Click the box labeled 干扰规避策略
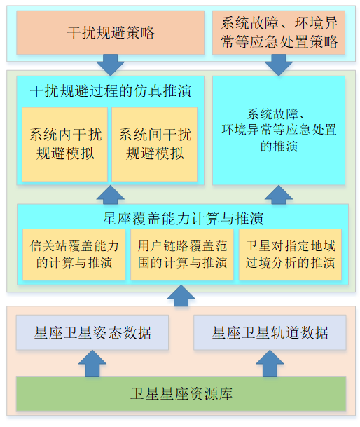point(110,33)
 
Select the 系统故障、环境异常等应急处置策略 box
point(279,33)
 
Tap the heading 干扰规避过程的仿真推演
point(111,91)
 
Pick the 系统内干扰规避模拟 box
point(64,144)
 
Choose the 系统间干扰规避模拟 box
point(154,144)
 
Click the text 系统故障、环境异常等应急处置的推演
point(279,130)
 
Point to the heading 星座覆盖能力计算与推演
point(183,218)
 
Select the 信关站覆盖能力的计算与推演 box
point(74,255)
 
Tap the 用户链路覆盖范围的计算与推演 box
point(182,255)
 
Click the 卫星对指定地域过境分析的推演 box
point(290,255)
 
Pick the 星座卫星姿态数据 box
point(92,332)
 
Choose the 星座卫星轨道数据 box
point(270,332)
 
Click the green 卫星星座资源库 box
point(181,393)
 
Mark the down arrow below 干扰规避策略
point(110,65)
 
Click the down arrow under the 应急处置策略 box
point(279,65)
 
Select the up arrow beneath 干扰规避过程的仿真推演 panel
point(110,195)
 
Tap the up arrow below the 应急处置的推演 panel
point(279,195)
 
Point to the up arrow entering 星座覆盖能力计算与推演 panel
point(181,296)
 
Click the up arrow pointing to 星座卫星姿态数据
point(92,363)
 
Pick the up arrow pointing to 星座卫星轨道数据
point(270,363)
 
